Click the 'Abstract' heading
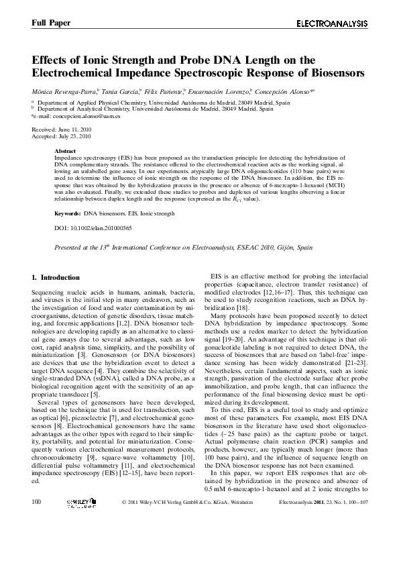[65, 151]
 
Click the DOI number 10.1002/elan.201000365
[100, 228]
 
